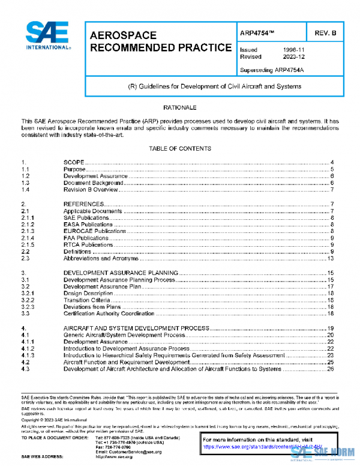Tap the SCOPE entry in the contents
coord(73,163)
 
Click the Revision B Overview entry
coord(90,190)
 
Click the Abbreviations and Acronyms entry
coord(101,259)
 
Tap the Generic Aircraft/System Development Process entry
coord(124,335)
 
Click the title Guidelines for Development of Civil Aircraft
coord(214,86)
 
